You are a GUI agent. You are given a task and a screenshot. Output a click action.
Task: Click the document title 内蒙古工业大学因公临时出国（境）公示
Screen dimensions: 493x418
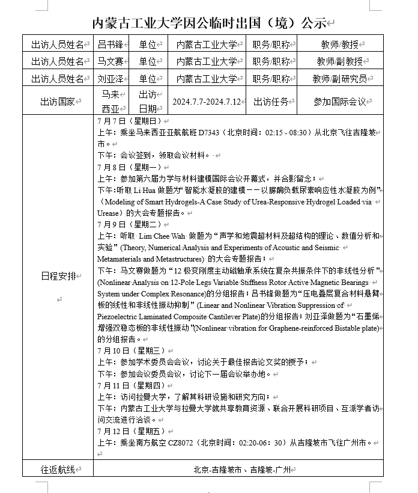pyautogui.click(x=209, y=23)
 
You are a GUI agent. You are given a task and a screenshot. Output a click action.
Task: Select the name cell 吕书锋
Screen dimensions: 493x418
pyautogui.click(x=111, y=44)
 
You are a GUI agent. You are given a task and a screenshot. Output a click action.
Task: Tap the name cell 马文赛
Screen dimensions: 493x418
pyautogui.click(x=111, y=61)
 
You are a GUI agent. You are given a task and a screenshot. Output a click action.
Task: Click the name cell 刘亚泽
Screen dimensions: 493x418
pyautogui.click(x=111, y=78)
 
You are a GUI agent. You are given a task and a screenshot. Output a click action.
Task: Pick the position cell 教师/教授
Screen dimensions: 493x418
pyautogui.click(x=339, y=44)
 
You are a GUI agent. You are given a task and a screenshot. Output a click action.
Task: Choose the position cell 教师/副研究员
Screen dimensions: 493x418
pyautogui.click(x=339, y=78)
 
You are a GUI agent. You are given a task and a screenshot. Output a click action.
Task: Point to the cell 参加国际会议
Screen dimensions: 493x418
pyautogui.click(x=339, y=102)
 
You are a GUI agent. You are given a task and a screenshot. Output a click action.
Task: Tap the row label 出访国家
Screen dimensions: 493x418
pyautogui.click(x=57, y=102)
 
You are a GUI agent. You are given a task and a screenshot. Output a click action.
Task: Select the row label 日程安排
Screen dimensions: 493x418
pyautogui.click(x=58, y=276)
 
